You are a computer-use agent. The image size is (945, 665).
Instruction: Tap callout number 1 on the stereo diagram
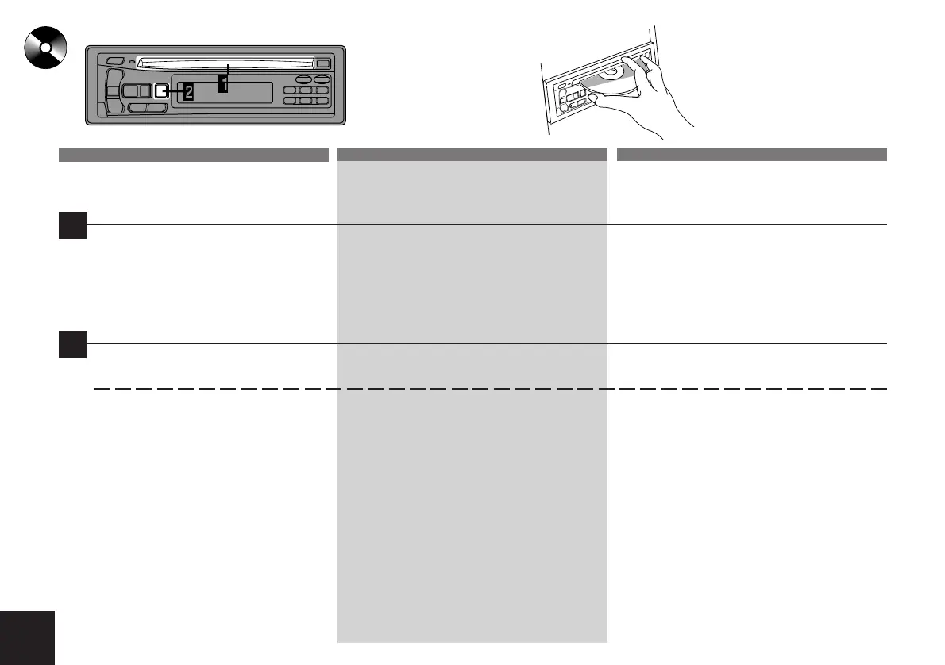224,83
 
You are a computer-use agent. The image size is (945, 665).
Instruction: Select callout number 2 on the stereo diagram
188,91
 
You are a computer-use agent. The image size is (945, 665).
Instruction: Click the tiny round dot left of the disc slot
131,62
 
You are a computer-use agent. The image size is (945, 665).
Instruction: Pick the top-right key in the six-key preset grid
321,91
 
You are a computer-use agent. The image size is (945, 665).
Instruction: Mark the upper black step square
72,225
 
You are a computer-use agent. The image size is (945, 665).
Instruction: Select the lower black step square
72,344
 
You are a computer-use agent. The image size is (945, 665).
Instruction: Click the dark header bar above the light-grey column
472,154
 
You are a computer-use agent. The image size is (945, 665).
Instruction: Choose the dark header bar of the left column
194,154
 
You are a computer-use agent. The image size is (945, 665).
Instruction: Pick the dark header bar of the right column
751,154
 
